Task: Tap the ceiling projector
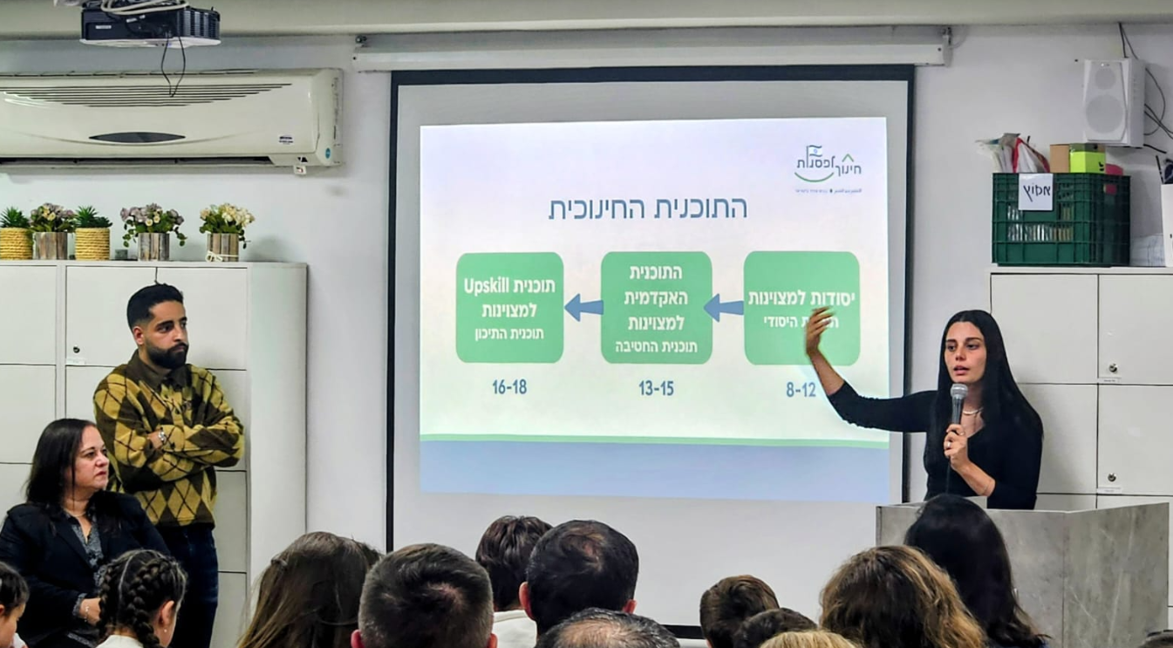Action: (x=150, y=26)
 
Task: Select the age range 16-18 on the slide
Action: (x=509, y=386)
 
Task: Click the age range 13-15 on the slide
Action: (x=656, y=388)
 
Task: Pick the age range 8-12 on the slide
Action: (x=801, y=390)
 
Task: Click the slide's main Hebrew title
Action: (x=647, y=208)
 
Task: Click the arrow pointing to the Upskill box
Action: (x=583, y=307)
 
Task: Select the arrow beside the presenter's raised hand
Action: (x=724, y=307)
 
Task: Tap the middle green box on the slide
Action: (x=656, y=307)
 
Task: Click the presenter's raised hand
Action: (x=816, y=330)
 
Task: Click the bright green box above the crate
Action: (x=1087, y=159)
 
